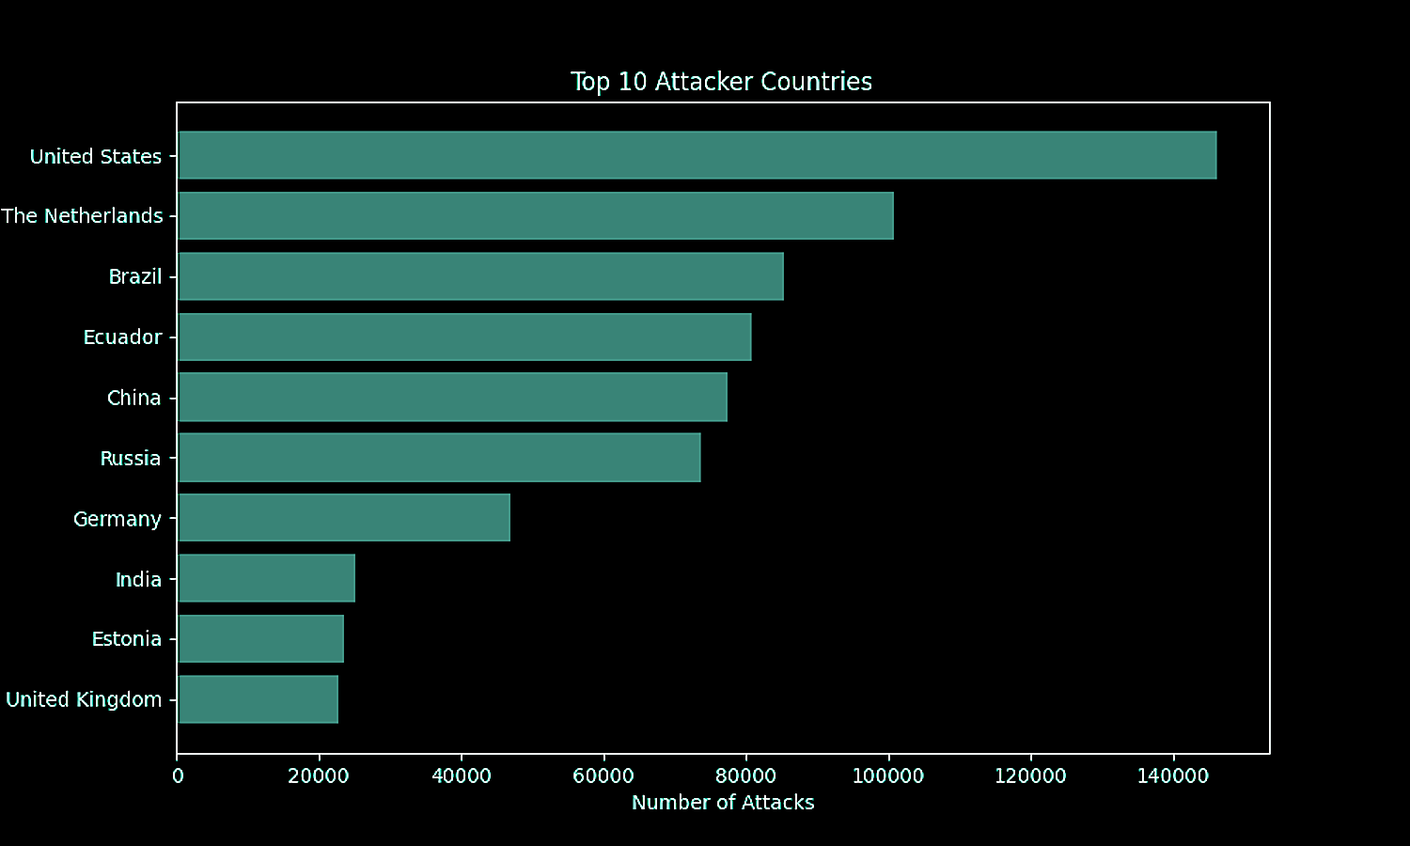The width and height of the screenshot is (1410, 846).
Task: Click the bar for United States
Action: click(697, 155)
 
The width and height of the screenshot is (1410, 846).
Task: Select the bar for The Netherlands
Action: click(536, 216)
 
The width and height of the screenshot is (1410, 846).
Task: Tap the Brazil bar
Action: click(480, 276)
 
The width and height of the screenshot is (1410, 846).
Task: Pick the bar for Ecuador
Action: click(464, 337)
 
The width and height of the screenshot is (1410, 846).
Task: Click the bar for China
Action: click(452, 397)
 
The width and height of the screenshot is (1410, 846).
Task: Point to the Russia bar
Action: click(439, 458)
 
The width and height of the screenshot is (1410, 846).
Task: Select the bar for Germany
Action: click(344, 518)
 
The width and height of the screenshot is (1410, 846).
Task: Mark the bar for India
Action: click(266, 578)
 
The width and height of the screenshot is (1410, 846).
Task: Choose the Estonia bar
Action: click(260, 638)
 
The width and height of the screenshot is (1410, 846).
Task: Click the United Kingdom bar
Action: click(258, 699)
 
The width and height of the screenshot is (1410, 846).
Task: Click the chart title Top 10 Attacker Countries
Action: click(721, 82)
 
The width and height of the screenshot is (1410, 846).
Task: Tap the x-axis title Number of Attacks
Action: click(723, 803)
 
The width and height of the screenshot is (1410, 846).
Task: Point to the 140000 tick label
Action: click(1172, 776)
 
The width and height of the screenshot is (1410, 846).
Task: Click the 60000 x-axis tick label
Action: click(603, 776)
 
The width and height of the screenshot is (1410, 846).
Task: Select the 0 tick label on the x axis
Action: click(178, 776)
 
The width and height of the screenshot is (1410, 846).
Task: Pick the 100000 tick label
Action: click(887, 776)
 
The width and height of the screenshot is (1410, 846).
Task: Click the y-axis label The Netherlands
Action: click(83, 216)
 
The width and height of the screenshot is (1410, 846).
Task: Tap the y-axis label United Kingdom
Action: click(84, 699)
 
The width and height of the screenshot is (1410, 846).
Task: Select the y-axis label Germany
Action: click(117, 519)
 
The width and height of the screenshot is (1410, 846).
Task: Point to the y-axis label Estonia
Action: click(127, 639)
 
